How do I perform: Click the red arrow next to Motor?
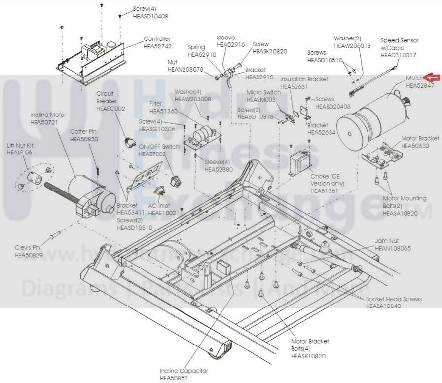432,77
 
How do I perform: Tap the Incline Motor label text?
48,115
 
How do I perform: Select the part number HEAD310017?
398,55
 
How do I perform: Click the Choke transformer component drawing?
299,161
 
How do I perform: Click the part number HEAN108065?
393,248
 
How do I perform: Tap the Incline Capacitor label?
184,371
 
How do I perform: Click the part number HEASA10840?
383,306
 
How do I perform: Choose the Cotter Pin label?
83,132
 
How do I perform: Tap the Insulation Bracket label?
304,79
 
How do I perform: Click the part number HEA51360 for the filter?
163,111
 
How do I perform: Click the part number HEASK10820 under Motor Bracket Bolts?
308,355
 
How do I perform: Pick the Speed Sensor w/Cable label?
399,44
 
